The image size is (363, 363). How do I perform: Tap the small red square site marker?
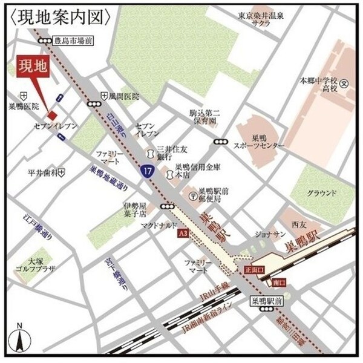53,115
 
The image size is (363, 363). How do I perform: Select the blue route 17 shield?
147,172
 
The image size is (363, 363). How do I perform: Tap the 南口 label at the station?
278,283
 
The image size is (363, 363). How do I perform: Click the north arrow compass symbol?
19,340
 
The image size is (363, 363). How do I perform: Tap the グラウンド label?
321,193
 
